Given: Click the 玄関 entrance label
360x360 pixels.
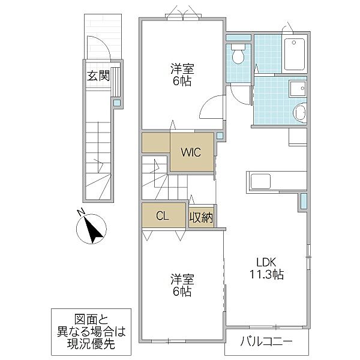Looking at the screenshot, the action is click(98, 76).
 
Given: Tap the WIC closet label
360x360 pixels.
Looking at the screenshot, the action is click(191, 152).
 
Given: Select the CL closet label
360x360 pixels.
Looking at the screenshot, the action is click(163, 216).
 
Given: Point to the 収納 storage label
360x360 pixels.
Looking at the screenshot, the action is click(202, 217).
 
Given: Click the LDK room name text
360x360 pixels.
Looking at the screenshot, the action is click(266, 262).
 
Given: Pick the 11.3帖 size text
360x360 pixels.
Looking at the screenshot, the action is click(266, 274).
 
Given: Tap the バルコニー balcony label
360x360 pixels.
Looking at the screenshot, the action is click(266, 341).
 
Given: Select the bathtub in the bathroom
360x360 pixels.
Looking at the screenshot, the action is click(295, 55).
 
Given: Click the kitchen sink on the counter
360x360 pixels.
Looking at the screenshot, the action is click(260, 181).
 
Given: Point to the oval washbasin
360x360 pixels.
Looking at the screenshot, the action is click(300, 113).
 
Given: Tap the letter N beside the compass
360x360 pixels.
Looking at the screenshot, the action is click(80, 212).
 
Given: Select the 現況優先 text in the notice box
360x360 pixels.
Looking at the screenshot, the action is click(91, 343).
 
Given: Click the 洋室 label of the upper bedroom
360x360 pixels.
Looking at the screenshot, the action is click(182, 69).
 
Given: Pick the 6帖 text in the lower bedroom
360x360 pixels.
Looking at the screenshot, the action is click(182, 291).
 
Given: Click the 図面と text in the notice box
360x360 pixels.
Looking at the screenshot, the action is click(91, 319).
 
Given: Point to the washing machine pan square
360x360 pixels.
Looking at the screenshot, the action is click(298, 89).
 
